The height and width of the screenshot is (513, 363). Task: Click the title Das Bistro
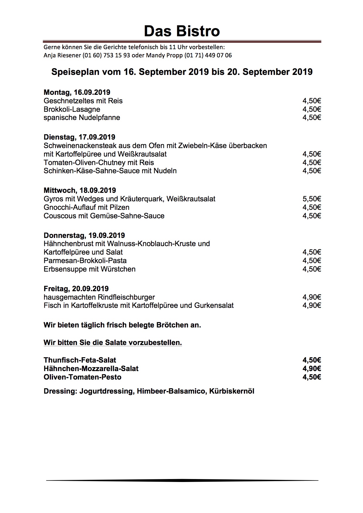181,31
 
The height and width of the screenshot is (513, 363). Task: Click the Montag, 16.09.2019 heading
77,92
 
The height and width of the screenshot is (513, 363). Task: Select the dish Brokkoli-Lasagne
72,109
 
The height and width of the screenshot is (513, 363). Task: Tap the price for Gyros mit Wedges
312,199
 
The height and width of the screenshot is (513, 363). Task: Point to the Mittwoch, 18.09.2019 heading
80,191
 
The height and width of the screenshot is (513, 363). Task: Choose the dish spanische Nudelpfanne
82,118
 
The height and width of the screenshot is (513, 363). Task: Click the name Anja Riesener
62,55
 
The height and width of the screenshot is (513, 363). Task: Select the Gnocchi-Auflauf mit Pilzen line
86,207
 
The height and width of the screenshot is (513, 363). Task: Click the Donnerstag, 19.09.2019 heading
84,236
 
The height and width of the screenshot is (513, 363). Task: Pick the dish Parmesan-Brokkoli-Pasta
85,261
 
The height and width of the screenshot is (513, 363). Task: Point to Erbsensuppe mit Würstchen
89,269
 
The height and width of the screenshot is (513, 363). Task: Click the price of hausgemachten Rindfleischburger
312,297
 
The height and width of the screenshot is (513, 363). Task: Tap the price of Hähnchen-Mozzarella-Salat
312,369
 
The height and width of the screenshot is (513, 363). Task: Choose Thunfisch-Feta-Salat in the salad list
80,360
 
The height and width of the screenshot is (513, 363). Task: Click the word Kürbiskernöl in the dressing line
232,391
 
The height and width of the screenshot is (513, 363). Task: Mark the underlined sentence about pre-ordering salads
113,343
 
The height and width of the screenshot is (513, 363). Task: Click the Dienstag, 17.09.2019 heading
79,137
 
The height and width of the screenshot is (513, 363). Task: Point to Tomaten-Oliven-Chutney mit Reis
99,163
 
